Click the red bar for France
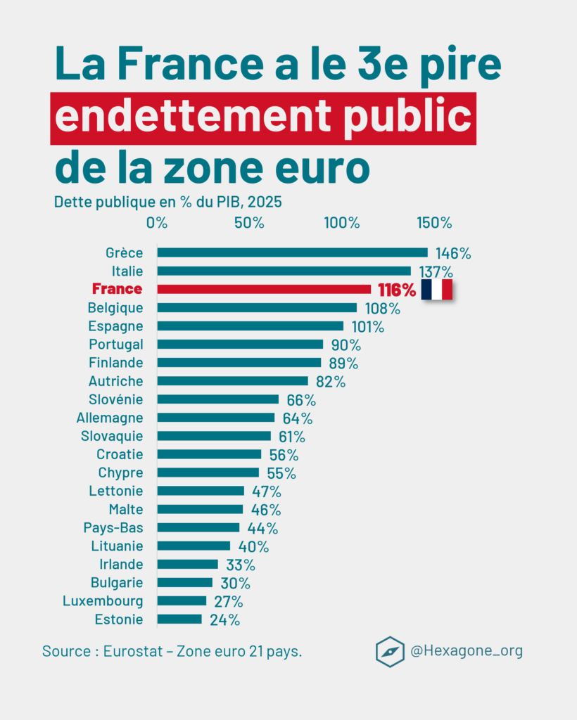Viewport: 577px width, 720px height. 264,289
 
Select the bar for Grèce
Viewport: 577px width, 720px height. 292,252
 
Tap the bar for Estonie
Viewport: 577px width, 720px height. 179,619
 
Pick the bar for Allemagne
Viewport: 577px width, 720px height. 216,418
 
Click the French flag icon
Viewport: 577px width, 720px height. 436,289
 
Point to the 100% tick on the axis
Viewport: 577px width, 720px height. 342,223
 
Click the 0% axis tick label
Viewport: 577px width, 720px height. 157,223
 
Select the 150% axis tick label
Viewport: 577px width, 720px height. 434,223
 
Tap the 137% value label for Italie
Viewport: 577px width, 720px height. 436,271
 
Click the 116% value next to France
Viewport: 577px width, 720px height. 396,290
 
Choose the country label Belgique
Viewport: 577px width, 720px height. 115,308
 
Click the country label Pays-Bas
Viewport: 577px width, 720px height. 113,527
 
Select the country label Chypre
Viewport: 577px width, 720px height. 120,472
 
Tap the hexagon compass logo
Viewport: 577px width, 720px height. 390,651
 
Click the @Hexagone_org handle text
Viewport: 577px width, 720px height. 467,651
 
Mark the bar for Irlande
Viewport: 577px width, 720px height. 187,564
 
